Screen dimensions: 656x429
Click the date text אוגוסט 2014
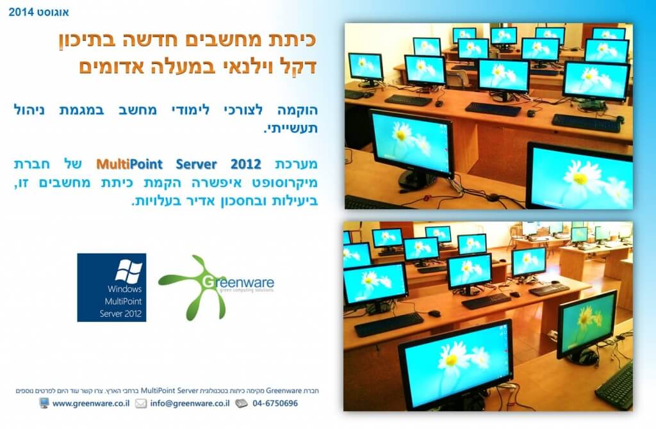[x=38, y=12]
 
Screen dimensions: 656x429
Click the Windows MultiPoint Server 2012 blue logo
[x=111, y=287]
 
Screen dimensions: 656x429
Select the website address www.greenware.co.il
[x=91, y=403]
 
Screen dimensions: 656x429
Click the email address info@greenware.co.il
[x=190, y=403]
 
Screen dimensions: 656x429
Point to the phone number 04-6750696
[x=275, y=403]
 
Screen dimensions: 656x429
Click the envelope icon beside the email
[x=140, y=403]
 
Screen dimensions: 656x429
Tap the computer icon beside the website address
[x=44, y=403]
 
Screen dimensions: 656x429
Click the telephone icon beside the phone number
[x=242, y=403]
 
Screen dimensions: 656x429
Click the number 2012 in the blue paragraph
[x=245, y=164]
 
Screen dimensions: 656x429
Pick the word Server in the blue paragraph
[x=196, y=164]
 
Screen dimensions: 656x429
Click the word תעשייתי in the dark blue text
[x=292, y=128]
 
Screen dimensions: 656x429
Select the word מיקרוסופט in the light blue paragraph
[x=285, y=182]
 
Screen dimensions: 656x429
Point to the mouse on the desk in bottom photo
[x=434, y=313]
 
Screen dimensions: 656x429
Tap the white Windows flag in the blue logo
[x=128, y=271]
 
